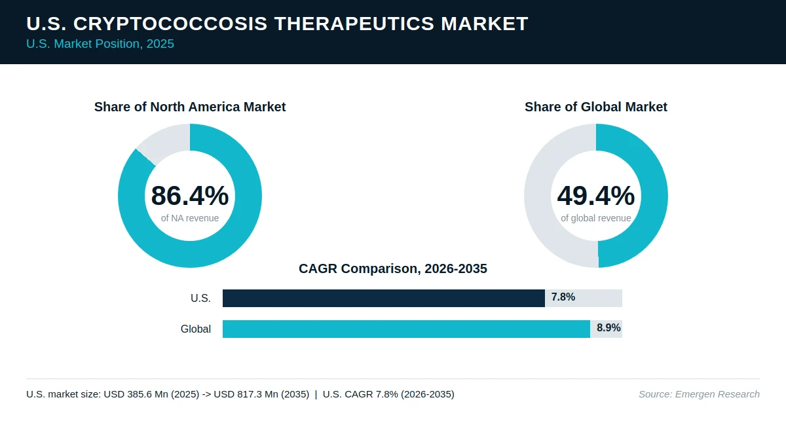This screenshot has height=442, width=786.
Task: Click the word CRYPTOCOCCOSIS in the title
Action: point(170,24)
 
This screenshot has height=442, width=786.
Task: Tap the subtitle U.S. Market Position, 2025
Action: point(100,44)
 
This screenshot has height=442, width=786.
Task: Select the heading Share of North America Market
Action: point(190,107)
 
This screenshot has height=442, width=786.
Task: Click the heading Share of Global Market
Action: point(596,107)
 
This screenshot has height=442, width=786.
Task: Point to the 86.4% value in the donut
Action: point(190,195)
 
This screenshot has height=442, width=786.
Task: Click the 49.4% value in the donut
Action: point(596,195)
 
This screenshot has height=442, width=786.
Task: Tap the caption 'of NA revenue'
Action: point(190,218)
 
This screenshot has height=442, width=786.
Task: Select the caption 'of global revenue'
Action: point(596,218)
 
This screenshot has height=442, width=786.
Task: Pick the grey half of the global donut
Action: point(538,196)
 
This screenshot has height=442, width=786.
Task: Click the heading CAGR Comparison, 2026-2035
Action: point(392,268)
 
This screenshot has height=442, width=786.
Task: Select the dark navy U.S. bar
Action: point(384,298)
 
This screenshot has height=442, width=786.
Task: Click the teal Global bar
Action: point(406,329)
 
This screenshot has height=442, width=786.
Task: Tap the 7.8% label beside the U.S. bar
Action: point(563,297)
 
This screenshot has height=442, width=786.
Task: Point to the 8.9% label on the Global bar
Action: point(608,327)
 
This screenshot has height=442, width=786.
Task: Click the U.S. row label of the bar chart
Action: point(200,298)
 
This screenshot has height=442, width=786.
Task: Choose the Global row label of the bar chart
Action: point(196,329)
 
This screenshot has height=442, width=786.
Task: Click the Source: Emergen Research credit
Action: point(699,394)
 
